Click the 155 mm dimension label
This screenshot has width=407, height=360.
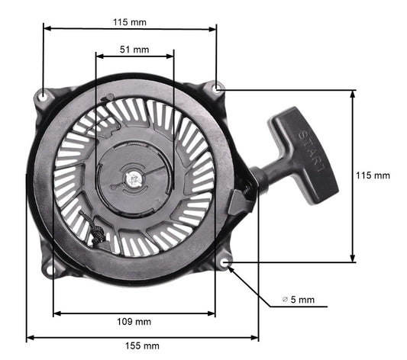(x=143, y=346)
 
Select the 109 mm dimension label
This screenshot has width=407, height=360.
(x=134, y=322)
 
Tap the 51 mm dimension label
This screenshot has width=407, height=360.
(x=135, y=50)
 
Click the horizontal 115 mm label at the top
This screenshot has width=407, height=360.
(x=129, y=22)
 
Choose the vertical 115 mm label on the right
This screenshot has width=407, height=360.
(x=373, y=175)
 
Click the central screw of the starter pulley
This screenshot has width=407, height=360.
(x=134, y=179)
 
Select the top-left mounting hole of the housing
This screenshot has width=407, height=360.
(x=44, y=96)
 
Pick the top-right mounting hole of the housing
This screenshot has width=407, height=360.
(x=218, y=89)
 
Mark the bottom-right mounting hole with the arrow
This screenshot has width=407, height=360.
(x=225, y=263)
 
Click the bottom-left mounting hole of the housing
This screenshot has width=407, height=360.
(x=50, y=268)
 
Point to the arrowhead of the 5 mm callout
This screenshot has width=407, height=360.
(x=231, y=268)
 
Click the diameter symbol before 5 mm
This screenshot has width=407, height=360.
(x=285, y=301)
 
